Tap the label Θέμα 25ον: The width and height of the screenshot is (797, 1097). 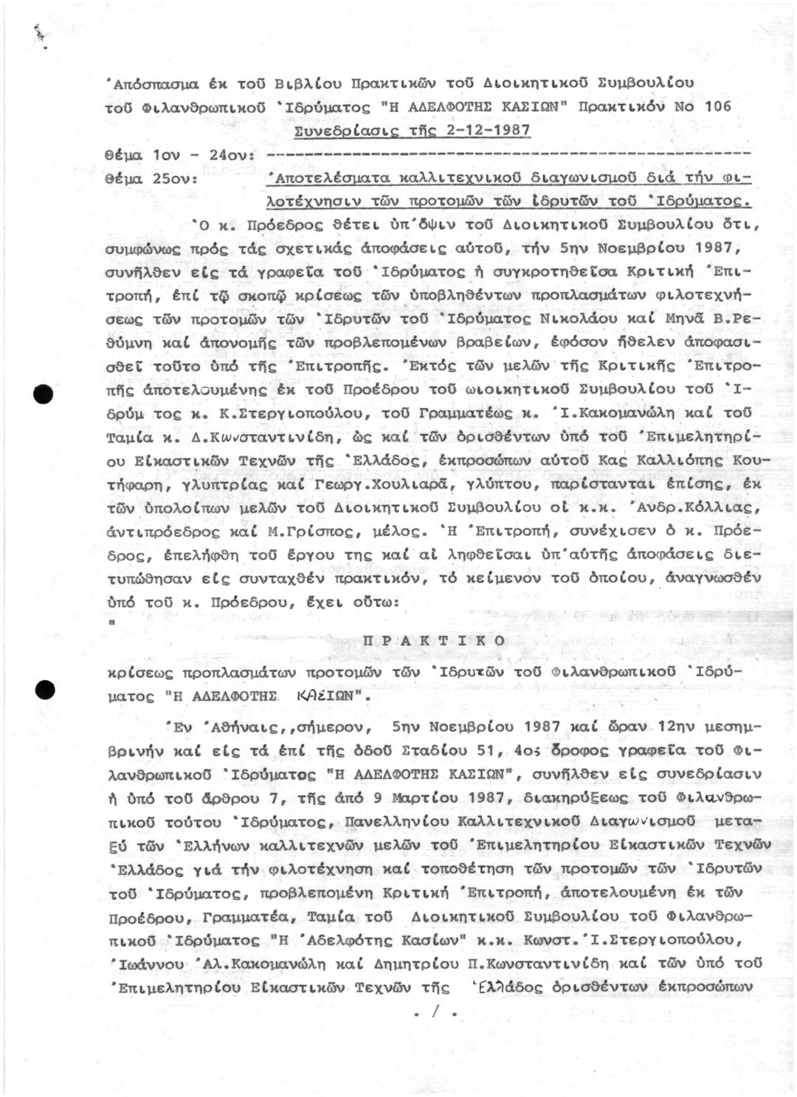pos(151,179)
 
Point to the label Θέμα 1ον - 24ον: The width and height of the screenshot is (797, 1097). pos(180,156)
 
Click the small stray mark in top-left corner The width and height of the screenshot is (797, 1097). pos(38,33)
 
